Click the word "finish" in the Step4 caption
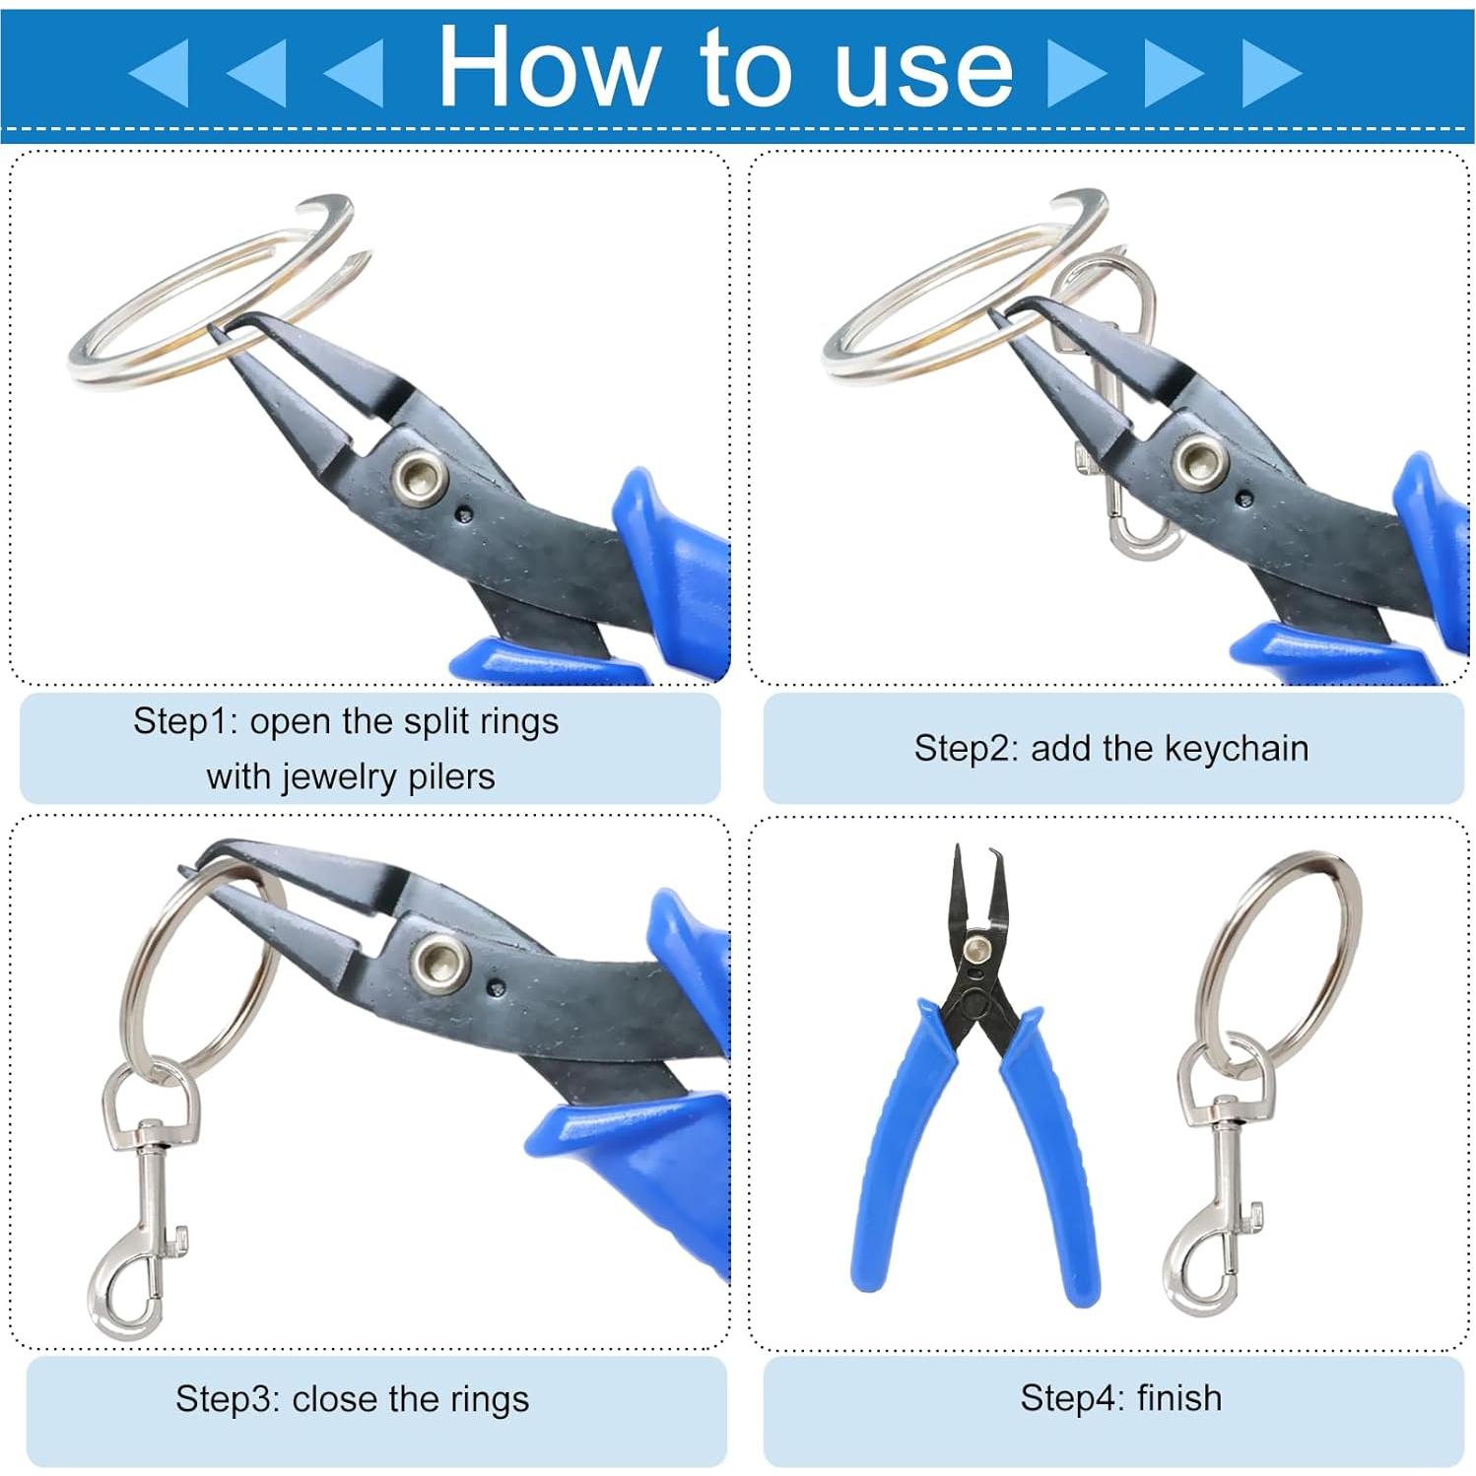[x=1178, y=1397]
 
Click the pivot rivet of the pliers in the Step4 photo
[x=977, y=948]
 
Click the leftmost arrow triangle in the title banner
[x=160, y=72]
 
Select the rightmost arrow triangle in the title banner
[x=1271, y=72]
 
